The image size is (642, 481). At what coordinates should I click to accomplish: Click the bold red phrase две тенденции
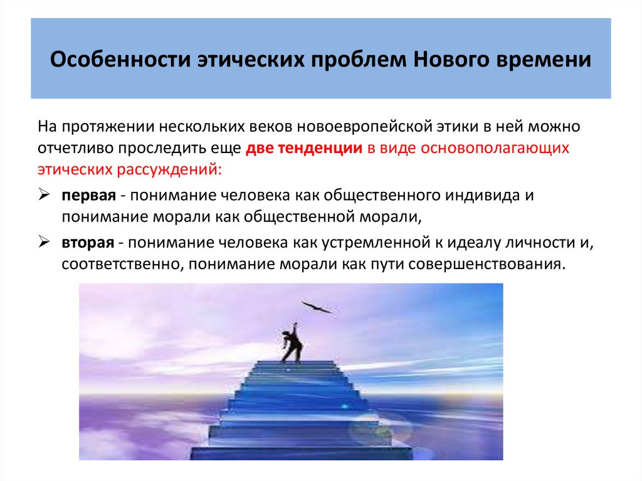(x=305, y=149)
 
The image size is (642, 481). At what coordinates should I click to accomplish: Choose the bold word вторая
(x=87, y=241)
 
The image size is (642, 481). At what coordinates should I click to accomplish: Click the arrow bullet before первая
(x=44, y=194)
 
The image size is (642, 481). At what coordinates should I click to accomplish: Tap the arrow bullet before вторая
(x=44, y=241)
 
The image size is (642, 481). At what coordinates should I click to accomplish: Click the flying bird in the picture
(x=318, y=307)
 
